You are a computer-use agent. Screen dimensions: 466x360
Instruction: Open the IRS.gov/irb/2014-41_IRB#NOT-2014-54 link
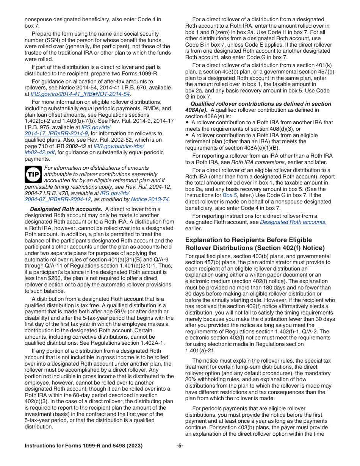(x=80, y=94)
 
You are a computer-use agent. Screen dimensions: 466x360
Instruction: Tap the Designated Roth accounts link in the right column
(x=293, y=222)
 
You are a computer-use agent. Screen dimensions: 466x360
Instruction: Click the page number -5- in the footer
(x=180, y=446)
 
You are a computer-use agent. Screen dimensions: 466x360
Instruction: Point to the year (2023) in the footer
(x=135, y=446)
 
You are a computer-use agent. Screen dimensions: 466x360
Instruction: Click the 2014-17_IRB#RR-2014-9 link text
(x=56, y=133)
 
